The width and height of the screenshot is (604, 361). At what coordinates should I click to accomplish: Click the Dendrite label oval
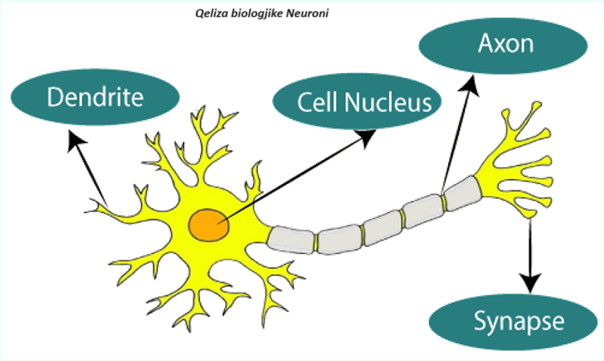95,97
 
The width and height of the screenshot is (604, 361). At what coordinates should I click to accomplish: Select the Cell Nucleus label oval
353,103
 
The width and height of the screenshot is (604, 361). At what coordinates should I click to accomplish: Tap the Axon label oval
504,43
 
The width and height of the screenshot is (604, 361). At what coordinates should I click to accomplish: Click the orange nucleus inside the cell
210,224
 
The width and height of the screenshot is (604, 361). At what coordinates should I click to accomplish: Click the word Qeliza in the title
211,14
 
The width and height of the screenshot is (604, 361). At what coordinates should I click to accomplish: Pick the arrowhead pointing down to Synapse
530,283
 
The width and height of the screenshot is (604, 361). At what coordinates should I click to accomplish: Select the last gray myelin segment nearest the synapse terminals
461,194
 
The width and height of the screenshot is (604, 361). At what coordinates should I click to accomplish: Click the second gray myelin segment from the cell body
339,239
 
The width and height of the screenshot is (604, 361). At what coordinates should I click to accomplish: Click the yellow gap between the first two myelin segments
316,240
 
